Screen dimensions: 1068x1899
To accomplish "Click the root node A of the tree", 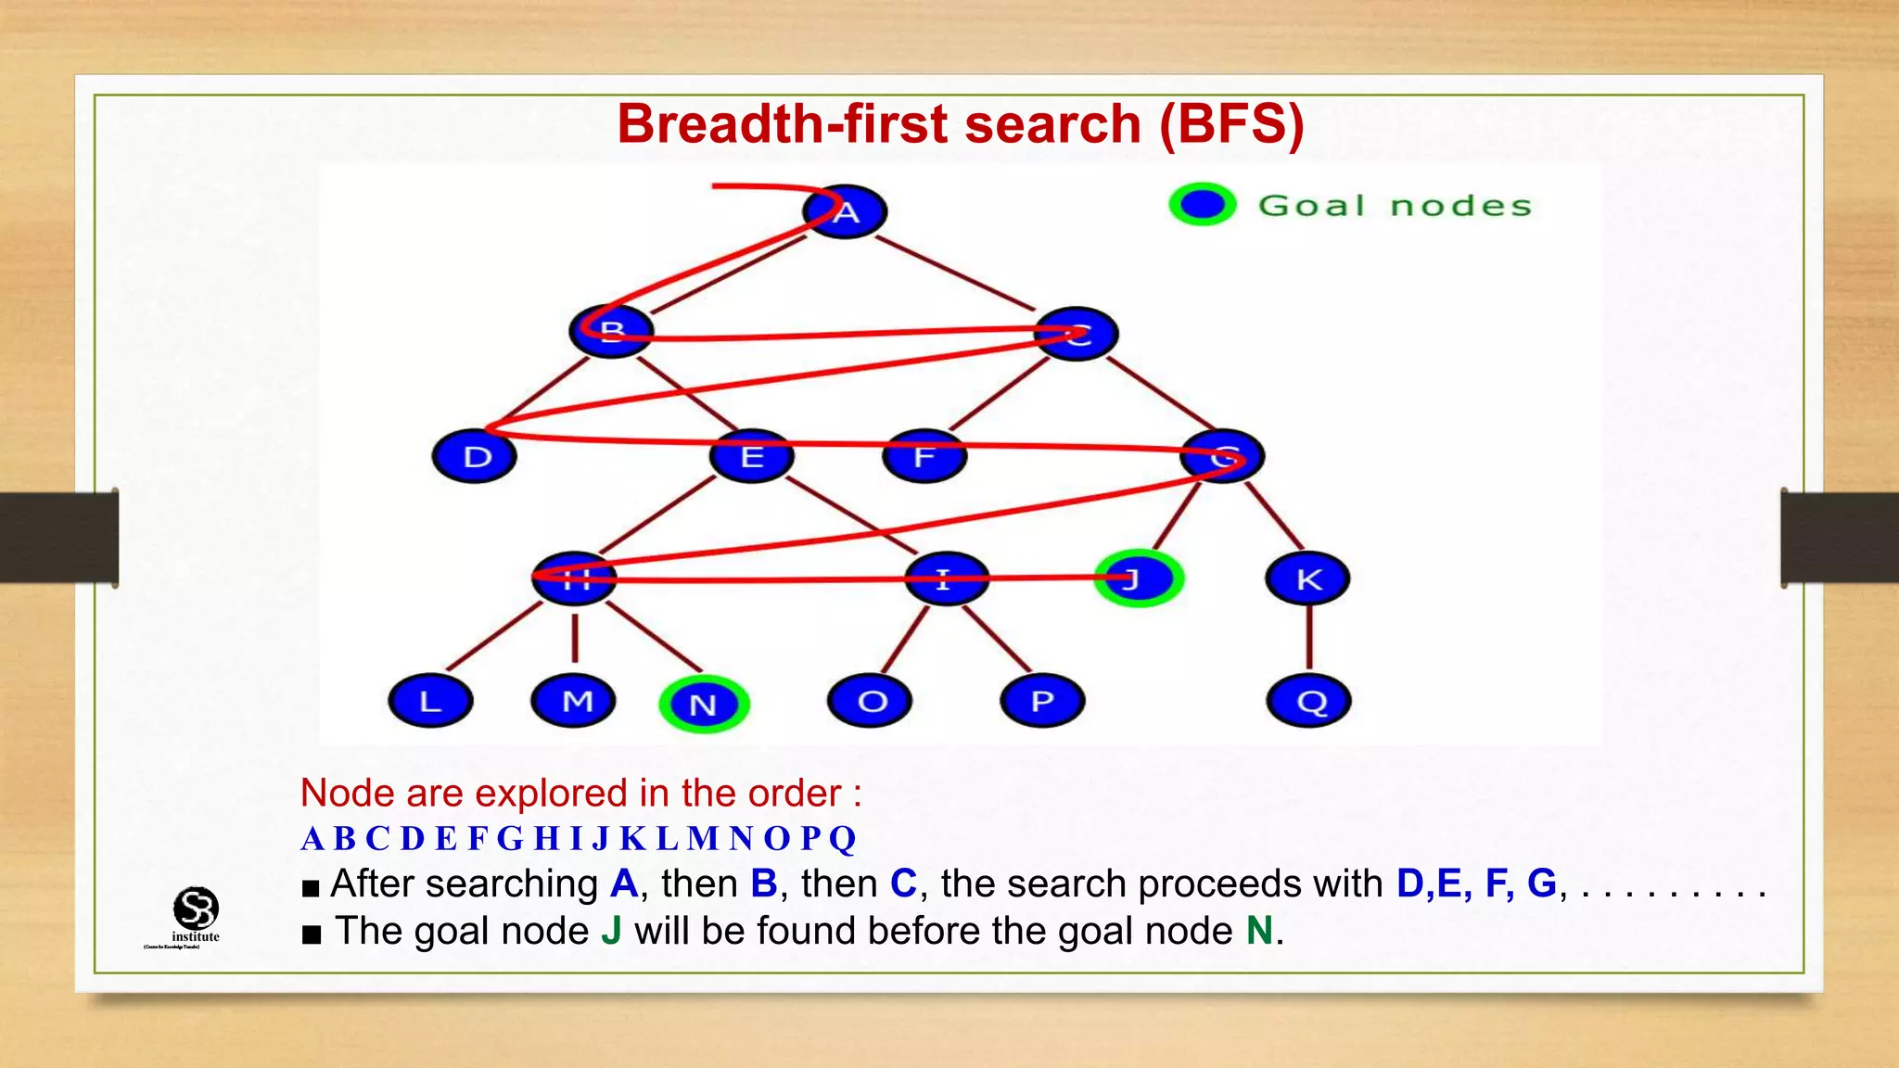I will pyautogui.click(x=845, y=211).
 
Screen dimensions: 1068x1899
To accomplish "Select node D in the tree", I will pyautogui.click(x=475, y=456).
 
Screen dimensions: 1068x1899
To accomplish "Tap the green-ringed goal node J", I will pyautogui.click(x=1139, y=578).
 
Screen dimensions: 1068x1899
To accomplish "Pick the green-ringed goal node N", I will pyautogui.click(x=704, y=705).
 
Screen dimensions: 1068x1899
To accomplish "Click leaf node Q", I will pyautogui.click(x=1308, y=701).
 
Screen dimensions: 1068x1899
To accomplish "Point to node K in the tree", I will pyautogui.click(x=1307, y=578).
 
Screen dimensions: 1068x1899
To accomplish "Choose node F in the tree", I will pyautogui.click(x=924, y=456).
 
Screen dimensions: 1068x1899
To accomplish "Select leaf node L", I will pyautogui.click(x=430, y=701).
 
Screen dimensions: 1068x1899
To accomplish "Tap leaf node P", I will pyautogui.click(x=1042, y=701).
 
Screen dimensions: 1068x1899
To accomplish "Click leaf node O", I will pyautogui.click(x=870, y=701).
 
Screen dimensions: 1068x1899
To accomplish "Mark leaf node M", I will pyautogui.click(x=574, y=701).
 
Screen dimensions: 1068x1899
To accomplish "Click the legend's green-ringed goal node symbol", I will pyautogui.click(x=1203, y=204).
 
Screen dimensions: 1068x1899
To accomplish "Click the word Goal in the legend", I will pyautogui.click(x=1311, y=205).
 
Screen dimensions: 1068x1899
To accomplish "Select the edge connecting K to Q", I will pyautogui.click(x=1308, y=638).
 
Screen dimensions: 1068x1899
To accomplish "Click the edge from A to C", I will pyautogui.click(x=955, y=273).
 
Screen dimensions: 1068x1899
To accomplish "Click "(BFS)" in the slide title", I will pyautogui.click(x=1231, y=123).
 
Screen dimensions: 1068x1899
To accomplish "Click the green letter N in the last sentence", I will pyautogui.click(x=1259, y=931).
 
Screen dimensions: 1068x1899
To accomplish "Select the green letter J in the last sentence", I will pyautogui.click(x=611, y=931).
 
